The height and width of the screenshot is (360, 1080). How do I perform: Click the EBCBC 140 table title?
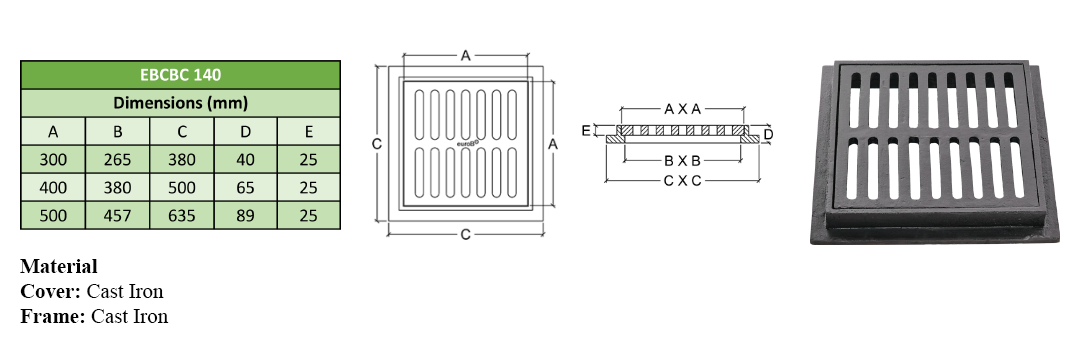(180, 75)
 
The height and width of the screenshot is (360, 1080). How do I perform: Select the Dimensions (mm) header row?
(180, 103)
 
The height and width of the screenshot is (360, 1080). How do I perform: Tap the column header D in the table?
(245, 131)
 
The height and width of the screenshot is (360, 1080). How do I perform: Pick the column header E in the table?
(309, 131)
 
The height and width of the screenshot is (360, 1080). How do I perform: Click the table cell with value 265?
(117, 160)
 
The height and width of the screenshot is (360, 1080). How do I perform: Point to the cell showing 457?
(117, 215)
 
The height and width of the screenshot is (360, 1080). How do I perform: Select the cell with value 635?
(181, 215)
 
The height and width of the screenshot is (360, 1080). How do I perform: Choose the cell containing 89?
(245, 215)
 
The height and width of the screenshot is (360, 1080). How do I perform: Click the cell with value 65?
(245, 188)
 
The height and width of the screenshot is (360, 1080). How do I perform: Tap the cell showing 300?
(53, 160)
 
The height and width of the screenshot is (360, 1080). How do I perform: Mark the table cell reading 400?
(53, 188)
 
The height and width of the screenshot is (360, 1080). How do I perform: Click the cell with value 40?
(245, 160)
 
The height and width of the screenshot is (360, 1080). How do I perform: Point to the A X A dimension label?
(682, 109)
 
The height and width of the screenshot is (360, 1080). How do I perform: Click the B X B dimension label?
(682, 161)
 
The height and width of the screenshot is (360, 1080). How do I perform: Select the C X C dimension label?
(682, 181)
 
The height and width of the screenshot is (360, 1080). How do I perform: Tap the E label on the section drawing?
(586, 130)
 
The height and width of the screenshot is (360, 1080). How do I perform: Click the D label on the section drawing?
(769, 134)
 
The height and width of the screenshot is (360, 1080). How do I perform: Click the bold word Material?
(59, 266)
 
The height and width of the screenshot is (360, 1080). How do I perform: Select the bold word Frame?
(53, 316)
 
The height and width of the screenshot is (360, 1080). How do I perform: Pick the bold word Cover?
(51, 291)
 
